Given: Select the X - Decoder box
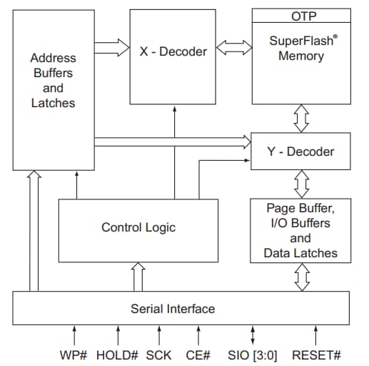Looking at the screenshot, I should (x=172, y=51).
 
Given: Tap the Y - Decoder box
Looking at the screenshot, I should (x=299, y=152).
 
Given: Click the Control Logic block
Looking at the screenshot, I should (x=138, y=228).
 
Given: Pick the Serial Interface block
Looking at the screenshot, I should (x=173, y=309).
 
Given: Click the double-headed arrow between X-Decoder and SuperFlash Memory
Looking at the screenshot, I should (x=233, y=49).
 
